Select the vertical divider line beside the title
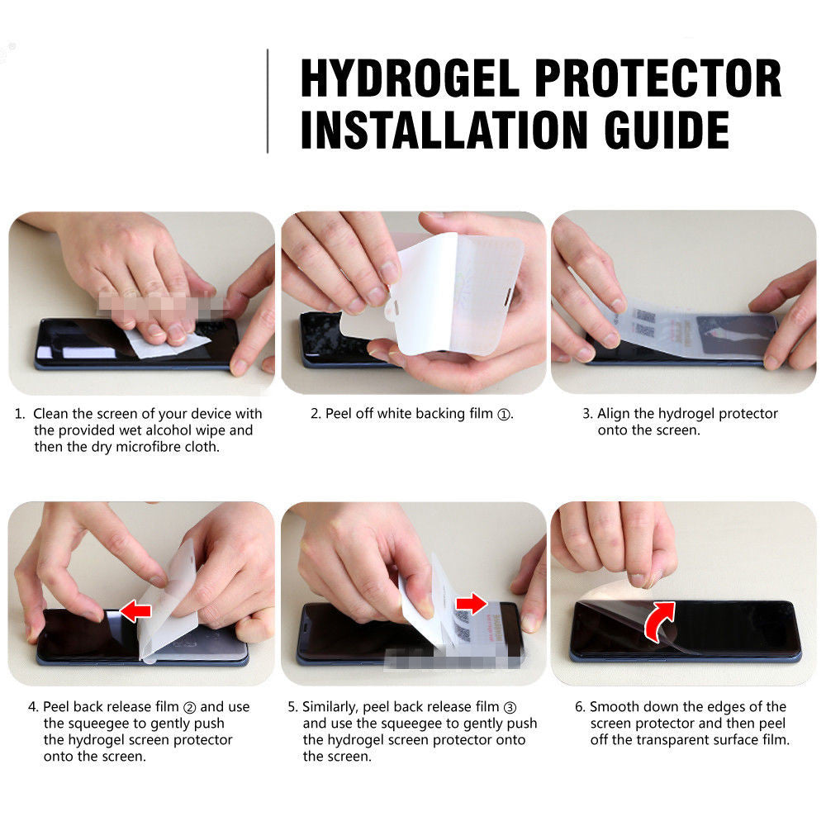coord(268,101)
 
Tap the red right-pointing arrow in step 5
coord(472,604)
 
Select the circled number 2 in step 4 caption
coord(188,707)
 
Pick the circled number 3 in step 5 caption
coord(510,707)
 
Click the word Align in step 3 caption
coord(614,414)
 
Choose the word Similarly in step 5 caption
coord(332,707)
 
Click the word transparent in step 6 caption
coord(670,740)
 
